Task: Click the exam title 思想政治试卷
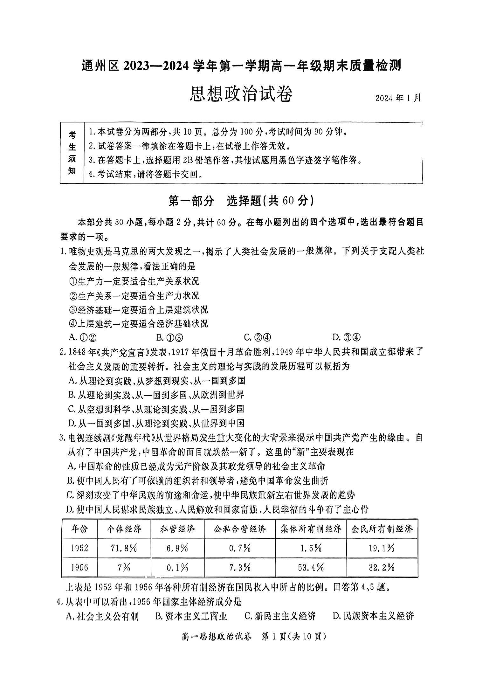(x=241, y=94)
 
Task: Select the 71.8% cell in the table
(x=124, y=548)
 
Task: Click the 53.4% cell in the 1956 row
(x=311, y=567)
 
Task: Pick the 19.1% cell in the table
(x=382, y=548)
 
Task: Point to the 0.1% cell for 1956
(x=177, y=567)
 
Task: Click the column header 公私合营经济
(x=240, y=529)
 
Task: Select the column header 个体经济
(x=124, y=529)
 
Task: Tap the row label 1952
(x=79, y=548)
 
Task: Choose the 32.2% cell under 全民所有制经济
(x=382, y=567)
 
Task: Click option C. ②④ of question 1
(x=258, y=337)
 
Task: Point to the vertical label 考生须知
(x=72, y=153)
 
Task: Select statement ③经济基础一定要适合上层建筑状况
(x=138, y=309)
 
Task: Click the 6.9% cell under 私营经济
(x=177, y=548)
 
